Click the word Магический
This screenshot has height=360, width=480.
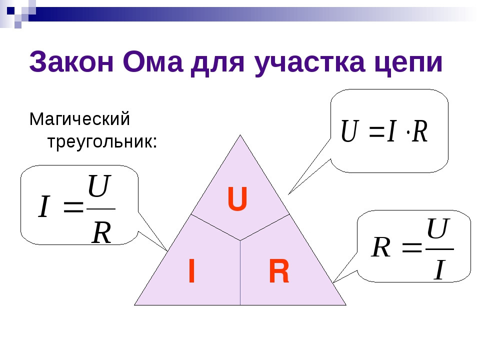[x=80, y=120]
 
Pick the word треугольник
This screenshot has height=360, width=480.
[x=102, y=142]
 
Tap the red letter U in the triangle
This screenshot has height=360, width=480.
[x=237, y=199]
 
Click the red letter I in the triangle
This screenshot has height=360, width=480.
[x=191, y=272]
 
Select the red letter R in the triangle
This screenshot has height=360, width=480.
[x=279, y=272]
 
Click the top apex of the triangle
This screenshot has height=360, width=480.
[x=240, y=135]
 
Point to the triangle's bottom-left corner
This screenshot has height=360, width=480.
[x=135, y=304]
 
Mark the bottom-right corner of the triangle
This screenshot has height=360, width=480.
[x=345, y=304]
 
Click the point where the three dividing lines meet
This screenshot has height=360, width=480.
[x=240, y=240]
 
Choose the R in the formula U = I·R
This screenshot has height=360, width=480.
[x=420, y=131]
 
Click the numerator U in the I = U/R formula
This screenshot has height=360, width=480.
[x=99, y=186]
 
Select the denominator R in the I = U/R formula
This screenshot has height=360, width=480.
[x=101, y=232]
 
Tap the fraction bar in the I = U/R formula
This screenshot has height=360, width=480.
[x=101, y=209]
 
